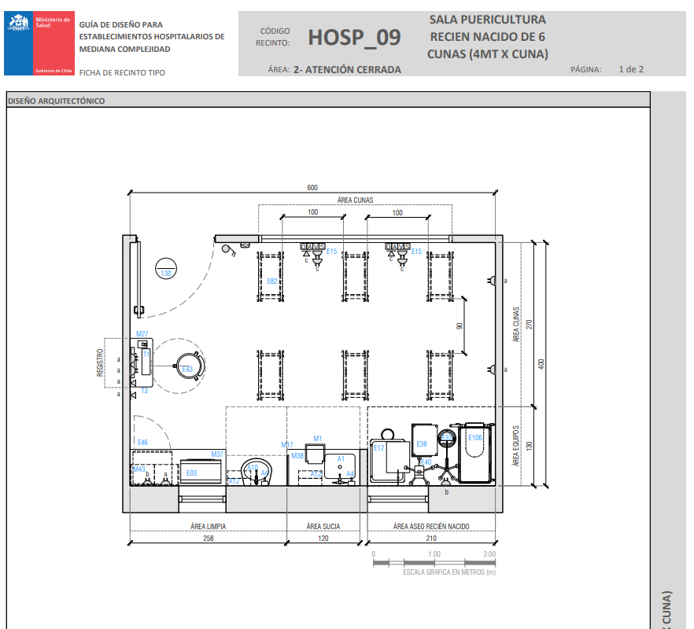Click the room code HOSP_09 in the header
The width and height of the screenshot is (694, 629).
pyautogui.click(x=354, y=37)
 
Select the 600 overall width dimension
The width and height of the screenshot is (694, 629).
pyautogui.click(x=312, y=187)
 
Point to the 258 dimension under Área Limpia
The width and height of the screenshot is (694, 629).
pyautogui.click(x=208, y=539)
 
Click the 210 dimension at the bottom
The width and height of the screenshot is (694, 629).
pyautogui.click(x=431, y=539)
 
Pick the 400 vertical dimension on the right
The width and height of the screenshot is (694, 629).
pyautogui.click(x=541, y=363)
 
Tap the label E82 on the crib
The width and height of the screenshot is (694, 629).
pyautogui.click(x=272, y=281)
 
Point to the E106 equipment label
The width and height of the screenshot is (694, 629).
pyautogui.click(x=475, y=438)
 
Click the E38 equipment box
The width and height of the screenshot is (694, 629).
pyautogui.click(x=422, y=444)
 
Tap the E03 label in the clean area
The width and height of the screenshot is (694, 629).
pyautogui.click(x=192, y=473)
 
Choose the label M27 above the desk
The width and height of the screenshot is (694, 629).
pyautogui.click(x=142, y=334)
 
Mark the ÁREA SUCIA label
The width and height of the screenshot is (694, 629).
pyautogui.click(x=323, y=525)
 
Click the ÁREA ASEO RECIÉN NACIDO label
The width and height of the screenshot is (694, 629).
pyautogui.click(x=431, y=525)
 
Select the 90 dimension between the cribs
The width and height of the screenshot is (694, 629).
pyautogui.click(x=460, y=326)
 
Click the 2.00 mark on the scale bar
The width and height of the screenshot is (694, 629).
pyautogui.click(x=489, y=554)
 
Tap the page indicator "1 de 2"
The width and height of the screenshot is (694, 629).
pyautogui.click(x=631, y=69)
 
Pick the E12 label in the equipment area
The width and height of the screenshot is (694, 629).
pyautogui.click(x=378, y=447)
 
